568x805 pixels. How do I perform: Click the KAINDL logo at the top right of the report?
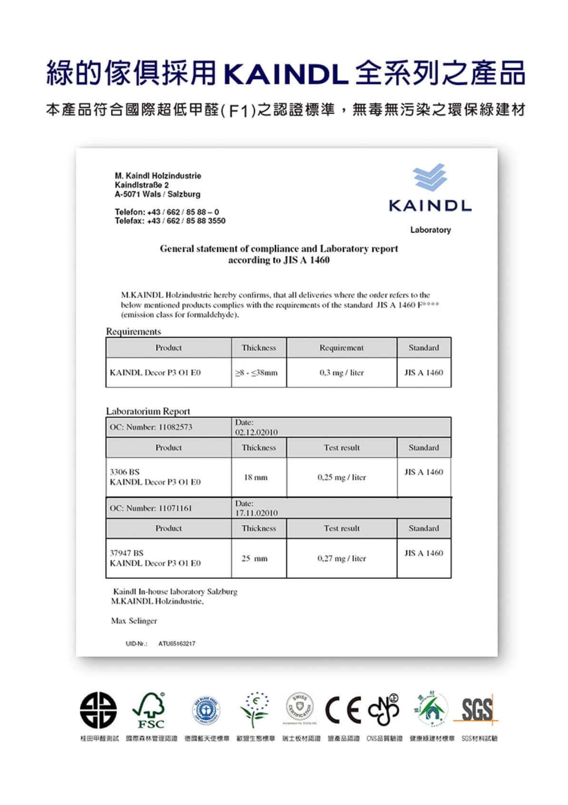[430, 187]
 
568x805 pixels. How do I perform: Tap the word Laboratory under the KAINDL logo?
[430, 230]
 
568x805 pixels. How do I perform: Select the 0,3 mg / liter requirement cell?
[342, 373]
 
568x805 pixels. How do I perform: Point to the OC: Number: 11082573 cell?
[151, 427]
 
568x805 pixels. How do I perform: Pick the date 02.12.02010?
[256, 432]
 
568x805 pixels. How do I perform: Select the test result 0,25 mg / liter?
[342, 477]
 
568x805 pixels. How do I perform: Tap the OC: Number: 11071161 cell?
[151, 508]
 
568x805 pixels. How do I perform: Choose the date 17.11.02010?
[256, 513]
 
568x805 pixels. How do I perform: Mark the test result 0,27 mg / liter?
[342, 558]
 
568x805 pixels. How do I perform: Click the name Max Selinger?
[134, 621]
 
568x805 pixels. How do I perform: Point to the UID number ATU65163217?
[176, 644]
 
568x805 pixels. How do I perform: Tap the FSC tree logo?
[150, 710]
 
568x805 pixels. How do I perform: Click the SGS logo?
[477, 710]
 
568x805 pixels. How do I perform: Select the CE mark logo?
[342, 710]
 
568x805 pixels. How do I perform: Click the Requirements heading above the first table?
[133, 331]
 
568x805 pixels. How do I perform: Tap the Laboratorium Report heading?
[147, 411]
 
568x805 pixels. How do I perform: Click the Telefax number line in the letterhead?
[170, 221]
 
